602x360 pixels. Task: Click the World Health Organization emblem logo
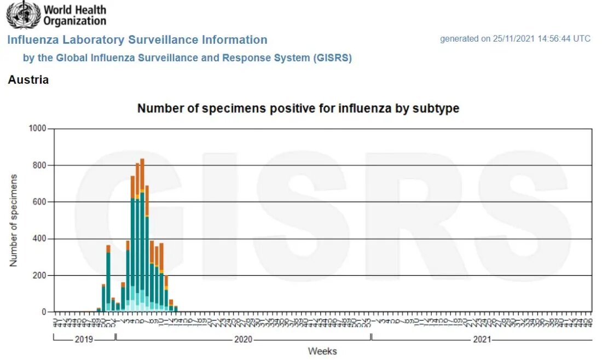pyautogui.click(x=23, y=15)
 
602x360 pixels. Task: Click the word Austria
pyautogui.click(x=28, y=80)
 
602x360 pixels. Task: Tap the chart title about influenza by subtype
pyautogui.click(x=298, y=108)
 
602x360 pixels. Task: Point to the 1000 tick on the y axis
pyautogui.click(x=38, y=129)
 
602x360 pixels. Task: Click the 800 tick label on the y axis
pyautogui.click(x=40, y=165)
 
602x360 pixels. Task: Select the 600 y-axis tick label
pyautogui.click(x=40, y=202)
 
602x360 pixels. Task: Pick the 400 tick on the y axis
pyautogui.click(x=40, y=239)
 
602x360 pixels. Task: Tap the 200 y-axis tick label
pyautogui.click(x=40, y=275)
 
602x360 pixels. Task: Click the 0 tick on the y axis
pyautogui.click(x=45, y=312)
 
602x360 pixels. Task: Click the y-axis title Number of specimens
pyautogui.click(x=14, y=220)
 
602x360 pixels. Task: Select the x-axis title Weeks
pyautogui.click(x=322, y=351)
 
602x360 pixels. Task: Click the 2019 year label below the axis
pyautogui.click(x=84, y=339)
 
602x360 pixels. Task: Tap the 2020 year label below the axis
pyautogui.click(x=243, y=339)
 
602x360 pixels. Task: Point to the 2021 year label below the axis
pyautogui.click(x=482, y=339)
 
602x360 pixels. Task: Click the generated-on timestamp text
pyautogui.click(x=515, y=39)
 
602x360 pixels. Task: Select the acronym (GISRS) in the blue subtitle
pyautogui.click(x=333, y=58)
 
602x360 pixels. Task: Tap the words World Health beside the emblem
pyautogui.click(x=75, y=10)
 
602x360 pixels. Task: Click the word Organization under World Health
pyautogui.click(x=75, y=21)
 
